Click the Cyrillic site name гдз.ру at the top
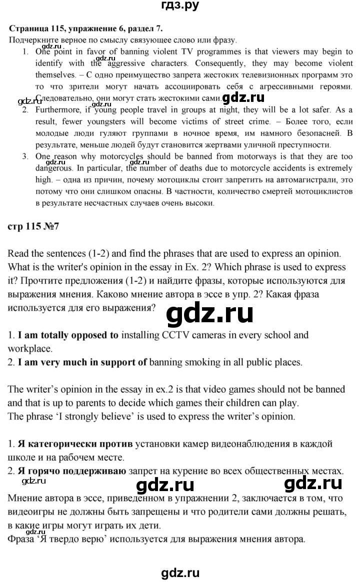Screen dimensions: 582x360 point(180,6)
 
